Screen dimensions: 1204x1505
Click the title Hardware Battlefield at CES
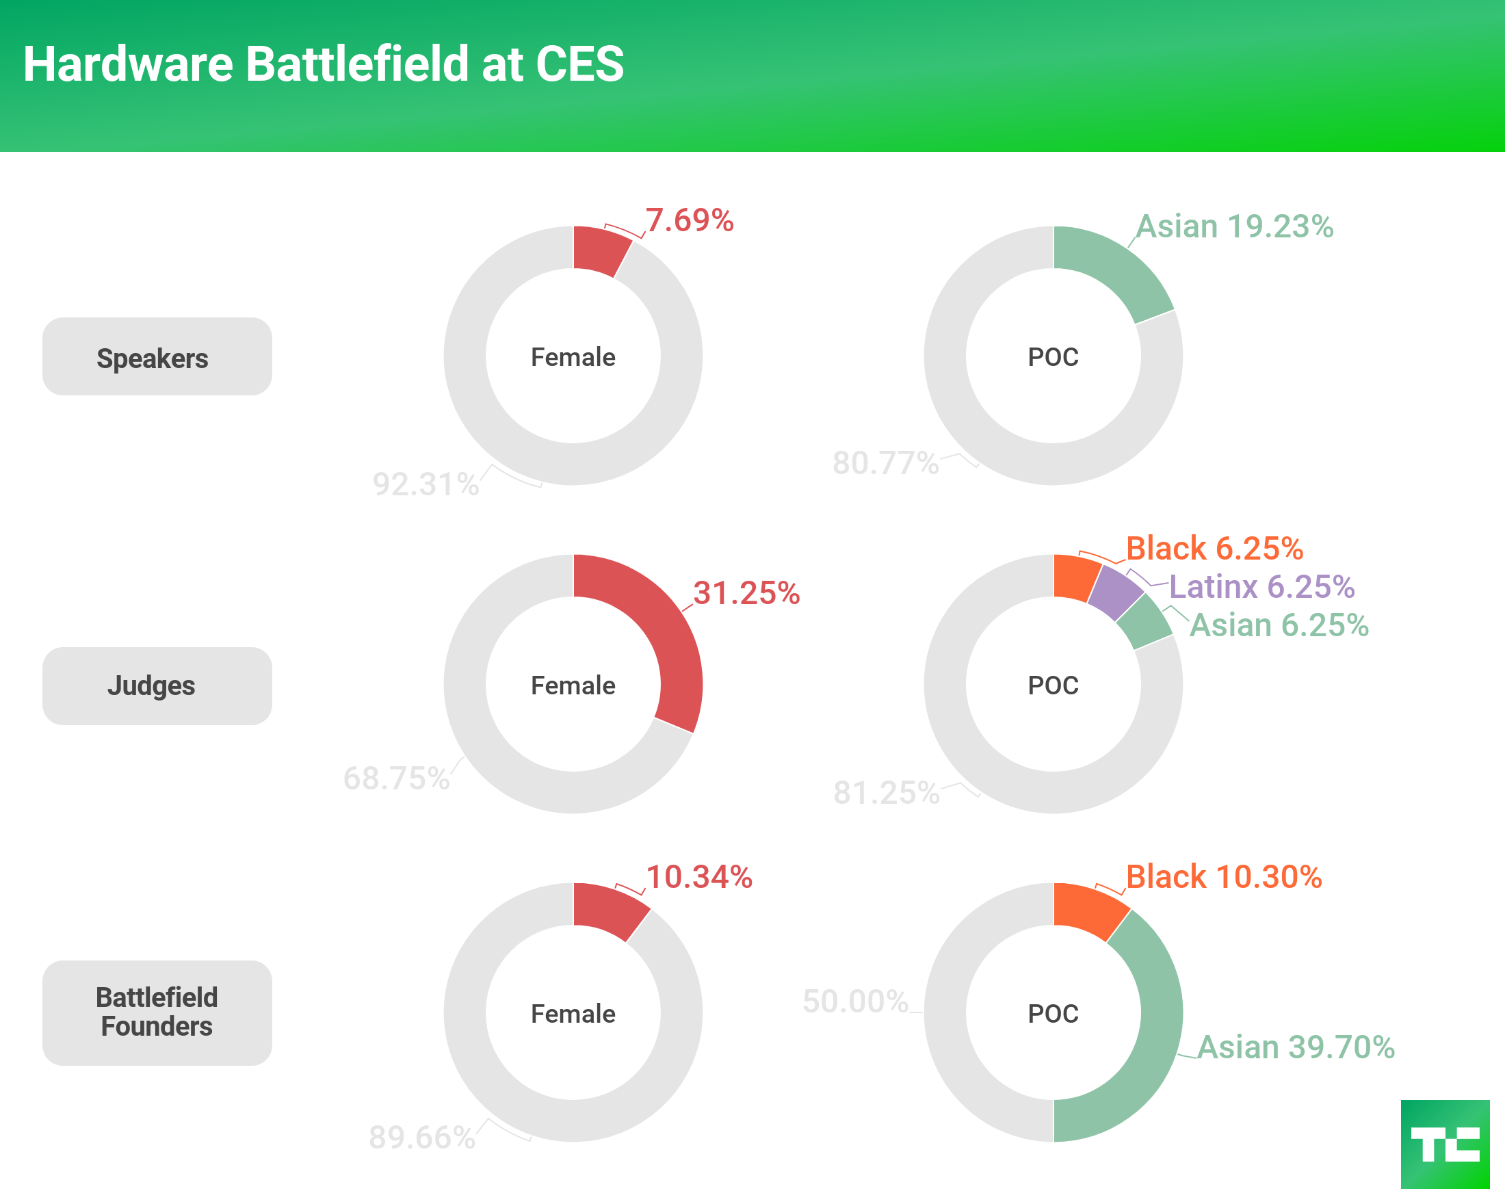click(323, 64)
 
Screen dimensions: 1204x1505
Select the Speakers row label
click(157, 357)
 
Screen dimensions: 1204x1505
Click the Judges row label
click(157, 685)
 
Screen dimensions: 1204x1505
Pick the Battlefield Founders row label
click(157, 1012)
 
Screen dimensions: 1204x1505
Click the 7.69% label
click(689, 220)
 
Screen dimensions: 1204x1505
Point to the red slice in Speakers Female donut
click(599, 250)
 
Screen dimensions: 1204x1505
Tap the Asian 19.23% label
click(1234, 227)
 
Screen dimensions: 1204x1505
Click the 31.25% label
click(746, 593)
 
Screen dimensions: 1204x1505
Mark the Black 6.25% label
click(1215, 549)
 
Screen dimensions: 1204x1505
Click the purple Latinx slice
click(1114, 592)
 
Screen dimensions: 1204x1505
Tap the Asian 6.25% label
click(1279, 625)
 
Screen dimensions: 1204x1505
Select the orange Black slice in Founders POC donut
click(1088, 909)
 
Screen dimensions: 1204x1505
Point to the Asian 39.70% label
click(1296, 1047)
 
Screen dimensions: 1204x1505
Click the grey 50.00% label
click(855, 1002)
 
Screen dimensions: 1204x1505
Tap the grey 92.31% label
click(426, 484)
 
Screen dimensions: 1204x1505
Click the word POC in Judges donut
click(1053, 685)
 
